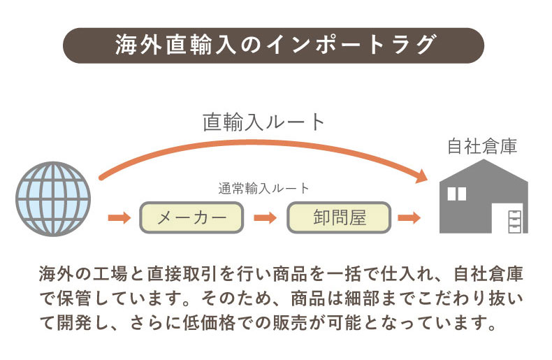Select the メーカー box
pyautogui.click(x=192, y=217)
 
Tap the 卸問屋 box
pyautogui.click(x=339, y=217)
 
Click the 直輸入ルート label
pyautogui.click(x=264, y=122)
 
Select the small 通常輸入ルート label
pyautogui.click(x=263, y=188)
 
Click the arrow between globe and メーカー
pyautogui.click(x=119, y=217)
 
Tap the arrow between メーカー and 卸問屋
pyautogui.click(x=266, y=217)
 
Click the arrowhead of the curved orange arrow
pyautogui.click(x=421, y=175)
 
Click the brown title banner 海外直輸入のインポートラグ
pyautogui.click(x=275, y=45)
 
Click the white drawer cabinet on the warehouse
pyautogui.click(x=514, y=219)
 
